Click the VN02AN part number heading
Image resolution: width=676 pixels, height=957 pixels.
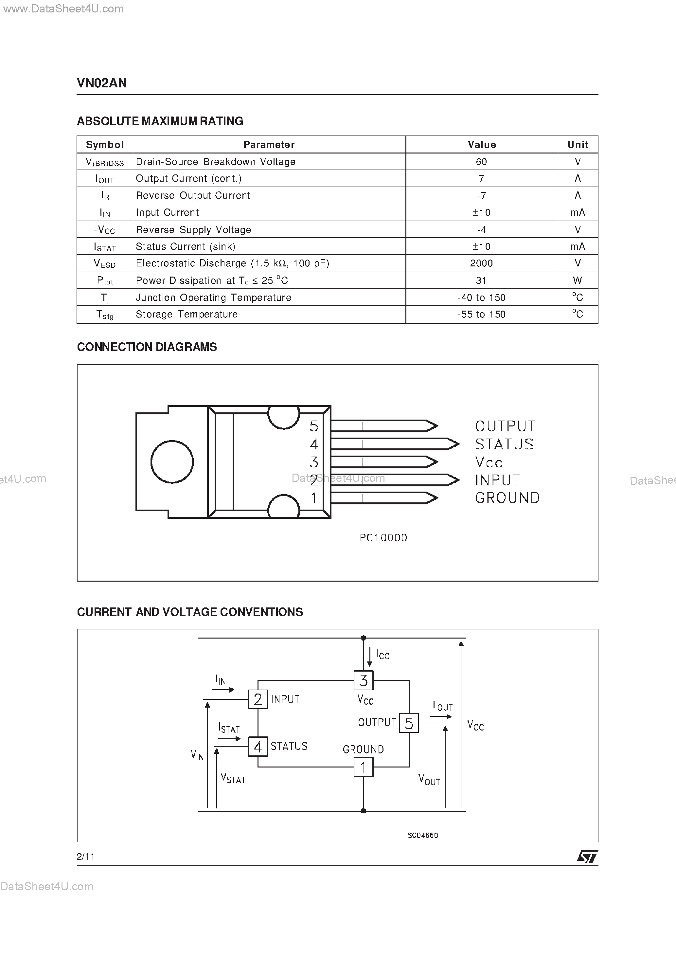[102, 83]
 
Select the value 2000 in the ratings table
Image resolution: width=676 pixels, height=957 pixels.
[481, 263]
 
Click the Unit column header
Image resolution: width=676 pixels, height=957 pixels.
[578, 145]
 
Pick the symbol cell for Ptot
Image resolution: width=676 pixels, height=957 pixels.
[105, 280]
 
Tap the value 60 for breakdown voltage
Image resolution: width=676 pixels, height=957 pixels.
[481, 162]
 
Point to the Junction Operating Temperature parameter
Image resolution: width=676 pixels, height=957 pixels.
[213, 298]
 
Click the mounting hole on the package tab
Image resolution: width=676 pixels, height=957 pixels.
[172, 462]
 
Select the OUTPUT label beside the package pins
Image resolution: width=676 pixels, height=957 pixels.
[505, 426]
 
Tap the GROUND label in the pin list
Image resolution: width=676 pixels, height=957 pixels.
[507, 498]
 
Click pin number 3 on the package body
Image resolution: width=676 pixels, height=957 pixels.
[314, 462]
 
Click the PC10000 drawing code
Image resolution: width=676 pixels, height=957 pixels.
[383, 538]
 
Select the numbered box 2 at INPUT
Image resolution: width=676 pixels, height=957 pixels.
[258, 699]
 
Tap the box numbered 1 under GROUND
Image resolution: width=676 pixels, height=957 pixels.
[363, 767]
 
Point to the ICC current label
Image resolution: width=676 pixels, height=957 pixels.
[382, 655]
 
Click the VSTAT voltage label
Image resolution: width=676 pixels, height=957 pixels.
[233, 778]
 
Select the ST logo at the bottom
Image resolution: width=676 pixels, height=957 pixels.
[587, 857]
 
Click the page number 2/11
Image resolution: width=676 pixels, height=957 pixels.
[86, 857]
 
